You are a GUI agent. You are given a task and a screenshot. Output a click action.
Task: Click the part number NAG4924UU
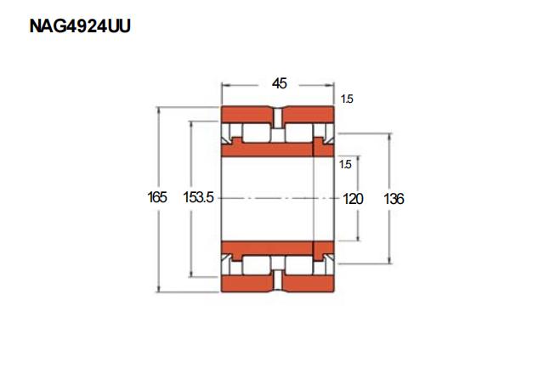click(80, 26)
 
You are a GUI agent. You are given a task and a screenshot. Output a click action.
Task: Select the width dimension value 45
click(280, 83)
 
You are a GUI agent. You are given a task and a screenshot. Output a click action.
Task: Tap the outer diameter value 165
click(157, 197)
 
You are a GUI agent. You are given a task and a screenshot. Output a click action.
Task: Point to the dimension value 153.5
click(198, 197)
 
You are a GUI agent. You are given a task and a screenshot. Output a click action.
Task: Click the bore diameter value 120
click(353, 199)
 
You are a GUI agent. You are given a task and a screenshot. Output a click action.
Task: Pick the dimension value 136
click(394, 199)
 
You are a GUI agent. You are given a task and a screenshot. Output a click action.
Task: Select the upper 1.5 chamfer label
click(347, 99)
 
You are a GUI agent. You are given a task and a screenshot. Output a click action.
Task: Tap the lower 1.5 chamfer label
click(346, 164)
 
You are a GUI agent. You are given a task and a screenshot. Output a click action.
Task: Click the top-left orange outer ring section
click(247, 115)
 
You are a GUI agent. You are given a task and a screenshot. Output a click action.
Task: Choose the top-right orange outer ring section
click(309, 115)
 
